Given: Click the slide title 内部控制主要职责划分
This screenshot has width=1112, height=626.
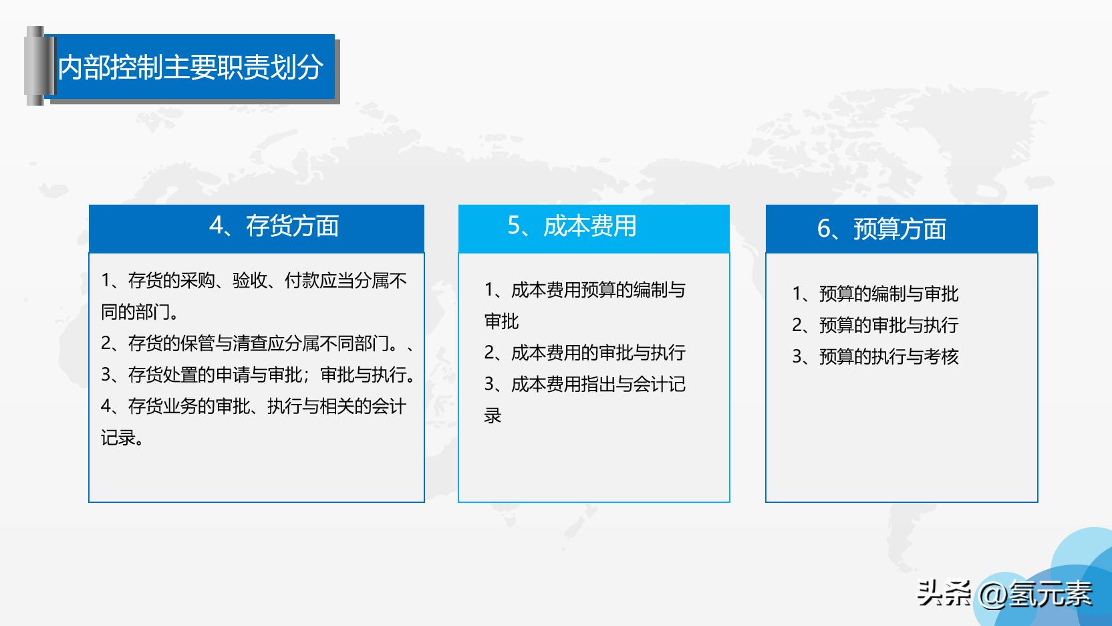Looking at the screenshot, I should pos(190,68).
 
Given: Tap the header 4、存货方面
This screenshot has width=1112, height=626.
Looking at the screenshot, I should pos(274,226).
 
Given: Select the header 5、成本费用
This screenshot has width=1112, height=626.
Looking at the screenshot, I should pos(572,226).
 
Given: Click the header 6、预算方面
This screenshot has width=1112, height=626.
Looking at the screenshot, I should pos(882,229).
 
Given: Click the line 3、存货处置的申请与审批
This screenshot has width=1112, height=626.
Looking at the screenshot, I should pos(257,375).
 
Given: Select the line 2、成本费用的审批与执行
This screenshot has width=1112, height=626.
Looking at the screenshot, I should pos(585,353).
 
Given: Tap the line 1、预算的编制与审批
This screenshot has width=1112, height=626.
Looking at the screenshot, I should pos(875,294).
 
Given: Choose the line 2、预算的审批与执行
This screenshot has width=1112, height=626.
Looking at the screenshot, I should pos(875,325).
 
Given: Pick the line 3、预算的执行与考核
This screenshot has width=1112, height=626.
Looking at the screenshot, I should pos(875,356).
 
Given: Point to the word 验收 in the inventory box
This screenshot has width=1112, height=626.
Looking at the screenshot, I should pos(250,281).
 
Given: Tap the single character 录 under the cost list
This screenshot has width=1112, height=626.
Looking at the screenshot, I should pos(493,416).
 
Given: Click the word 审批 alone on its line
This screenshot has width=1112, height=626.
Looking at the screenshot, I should pos(502,322).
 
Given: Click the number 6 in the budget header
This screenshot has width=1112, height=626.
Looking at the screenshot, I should pos(824,229).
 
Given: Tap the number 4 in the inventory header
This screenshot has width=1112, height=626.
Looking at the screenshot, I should pos(217,226).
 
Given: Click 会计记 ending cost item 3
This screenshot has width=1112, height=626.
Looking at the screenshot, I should pos(659,385).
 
